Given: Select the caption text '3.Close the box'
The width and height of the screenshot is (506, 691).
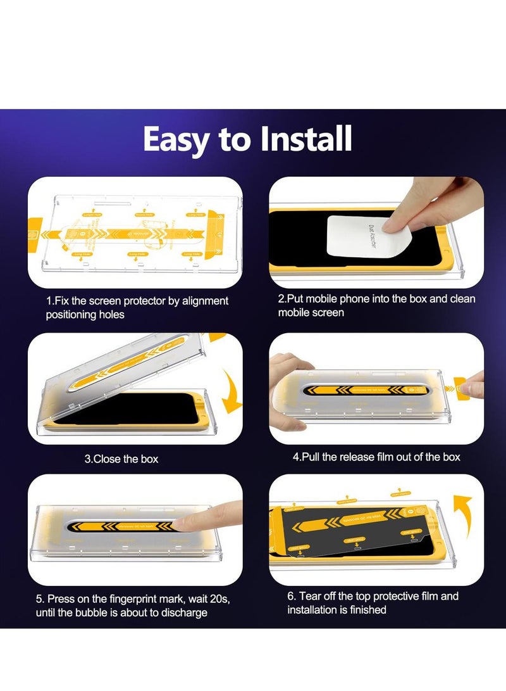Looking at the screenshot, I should click(121, 459).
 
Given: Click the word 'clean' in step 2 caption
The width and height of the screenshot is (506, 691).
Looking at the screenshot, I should click(462, 298).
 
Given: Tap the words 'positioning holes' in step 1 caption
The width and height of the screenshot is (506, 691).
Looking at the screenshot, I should click(85, 315).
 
